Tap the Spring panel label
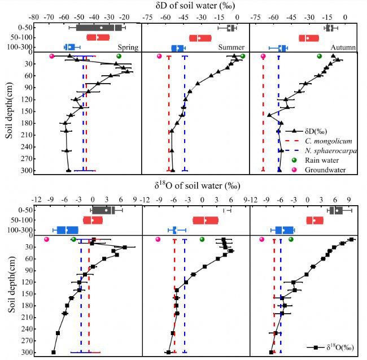128,47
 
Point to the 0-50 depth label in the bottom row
24,210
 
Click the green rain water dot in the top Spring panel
119,56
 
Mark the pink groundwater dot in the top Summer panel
159,56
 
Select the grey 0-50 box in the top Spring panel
99,27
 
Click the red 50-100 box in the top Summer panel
200,38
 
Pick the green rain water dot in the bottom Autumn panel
291,240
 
